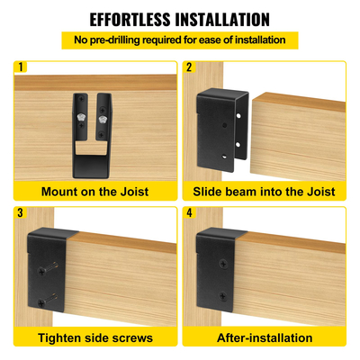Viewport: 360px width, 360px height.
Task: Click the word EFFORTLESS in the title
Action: pos(134,19)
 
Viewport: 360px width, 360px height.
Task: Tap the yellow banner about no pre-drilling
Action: pos(179,40)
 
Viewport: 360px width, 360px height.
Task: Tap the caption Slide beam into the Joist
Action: pos(264,191)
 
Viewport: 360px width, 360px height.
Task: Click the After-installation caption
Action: pos(264,337)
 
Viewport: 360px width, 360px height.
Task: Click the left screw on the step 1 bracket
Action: pos(82,117)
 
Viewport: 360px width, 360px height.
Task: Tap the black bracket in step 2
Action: pos(218,126)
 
